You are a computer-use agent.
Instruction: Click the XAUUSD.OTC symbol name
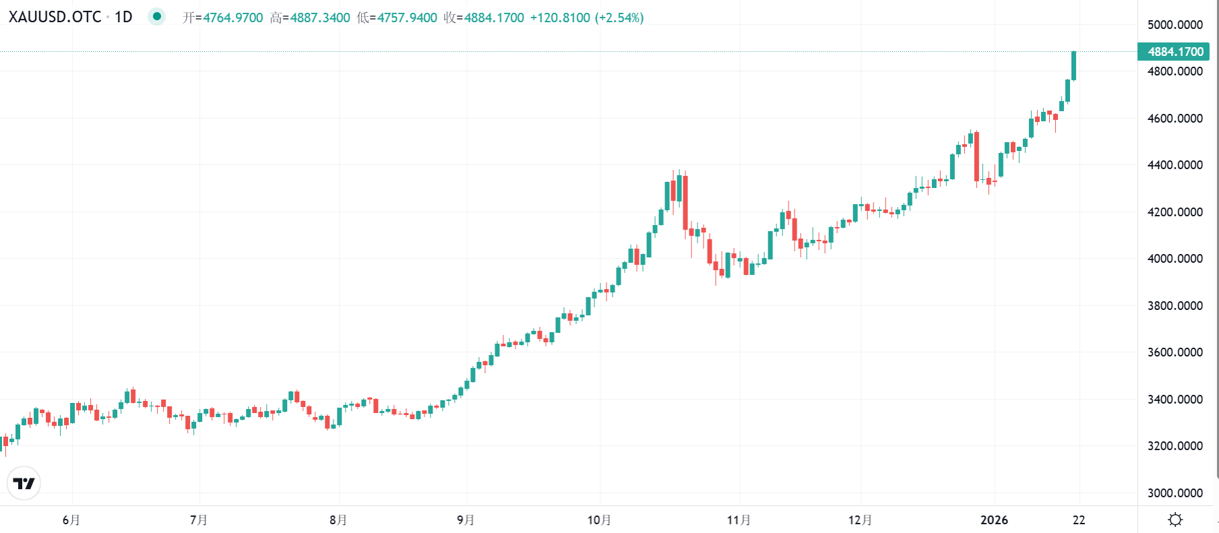[55, 17]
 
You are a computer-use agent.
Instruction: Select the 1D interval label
[123, 17]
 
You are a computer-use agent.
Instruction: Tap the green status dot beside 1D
[156, 16]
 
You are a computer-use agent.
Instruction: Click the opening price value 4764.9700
[233, 18]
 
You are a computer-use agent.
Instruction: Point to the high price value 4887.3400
[320, 18]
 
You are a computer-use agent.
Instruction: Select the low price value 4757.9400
[407, 18]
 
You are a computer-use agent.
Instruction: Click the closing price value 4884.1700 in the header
[494, 18]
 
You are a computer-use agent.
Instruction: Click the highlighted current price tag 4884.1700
[1175, 52]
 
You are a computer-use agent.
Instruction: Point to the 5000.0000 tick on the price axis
[1175, 25]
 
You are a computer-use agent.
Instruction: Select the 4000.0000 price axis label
[1175, 259]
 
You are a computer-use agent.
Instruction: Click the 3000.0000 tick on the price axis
[1175, 493]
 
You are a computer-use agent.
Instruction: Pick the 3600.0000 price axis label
[1175, 352]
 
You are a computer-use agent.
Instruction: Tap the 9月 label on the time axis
[466, 520]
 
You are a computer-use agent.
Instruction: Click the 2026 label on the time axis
[994, 520]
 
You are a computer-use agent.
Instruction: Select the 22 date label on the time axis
[1079, 520]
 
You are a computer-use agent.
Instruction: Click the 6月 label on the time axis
[71, 520]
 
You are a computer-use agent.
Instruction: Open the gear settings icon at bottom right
[1175, 520]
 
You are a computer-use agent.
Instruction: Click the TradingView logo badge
[24, 483]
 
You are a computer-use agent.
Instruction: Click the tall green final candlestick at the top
[1073, 65]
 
